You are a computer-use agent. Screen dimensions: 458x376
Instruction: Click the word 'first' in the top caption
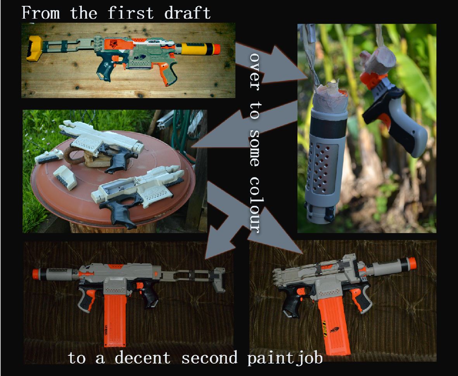pos(131,13)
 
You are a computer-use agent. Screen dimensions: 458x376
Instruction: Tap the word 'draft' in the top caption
pos(187,13)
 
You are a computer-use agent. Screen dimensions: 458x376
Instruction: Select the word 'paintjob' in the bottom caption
pos(285,358)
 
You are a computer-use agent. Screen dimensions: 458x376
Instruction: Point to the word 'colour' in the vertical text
pos(255,204)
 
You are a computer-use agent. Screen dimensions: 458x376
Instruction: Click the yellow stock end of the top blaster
pos(35,49)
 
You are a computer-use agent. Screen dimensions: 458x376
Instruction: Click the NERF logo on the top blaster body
pos(140,57)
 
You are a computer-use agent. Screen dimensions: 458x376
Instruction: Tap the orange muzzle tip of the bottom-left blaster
pos(36,274)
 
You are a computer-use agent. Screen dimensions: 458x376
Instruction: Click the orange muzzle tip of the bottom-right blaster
pos(412,265)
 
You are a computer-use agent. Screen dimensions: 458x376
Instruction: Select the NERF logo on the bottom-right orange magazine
pos(335,330)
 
